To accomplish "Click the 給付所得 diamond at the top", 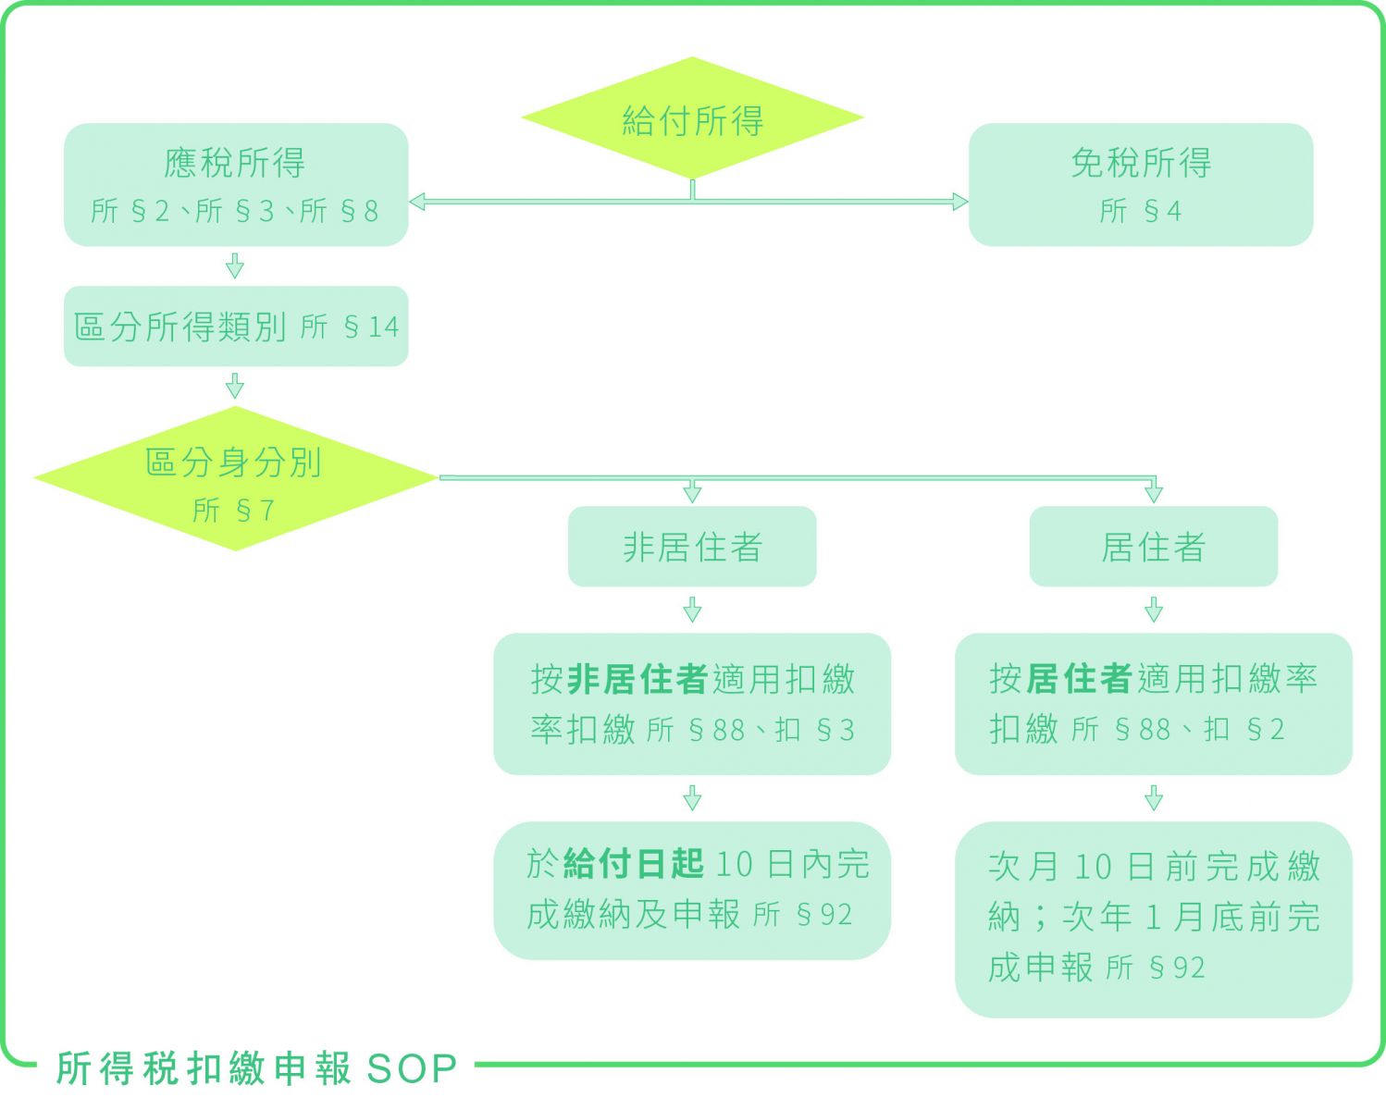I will tap(692, 118).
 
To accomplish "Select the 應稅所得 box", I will tap(235, 184).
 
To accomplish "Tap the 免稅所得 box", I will tap(1140, 184).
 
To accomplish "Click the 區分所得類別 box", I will tap(235, 327).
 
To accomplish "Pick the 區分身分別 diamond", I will tap(235, 478).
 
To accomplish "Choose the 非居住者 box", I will tap(692, 547).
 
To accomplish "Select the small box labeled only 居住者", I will tap(1153, 547).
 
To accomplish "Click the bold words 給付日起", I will tap(634, 864).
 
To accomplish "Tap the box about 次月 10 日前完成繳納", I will tap(1153, 919).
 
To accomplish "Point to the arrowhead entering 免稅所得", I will tap(959, 202).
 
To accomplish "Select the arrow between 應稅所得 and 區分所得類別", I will tap(235, 266).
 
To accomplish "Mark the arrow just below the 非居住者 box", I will tap(692, 610).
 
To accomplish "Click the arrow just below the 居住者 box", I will tap(1153, 610).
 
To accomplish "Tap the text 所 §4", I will tap(1140, 212).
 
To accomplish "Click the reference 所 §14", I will tap(350, 327).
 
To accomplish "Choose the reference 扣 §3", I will tap(815, 731).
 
